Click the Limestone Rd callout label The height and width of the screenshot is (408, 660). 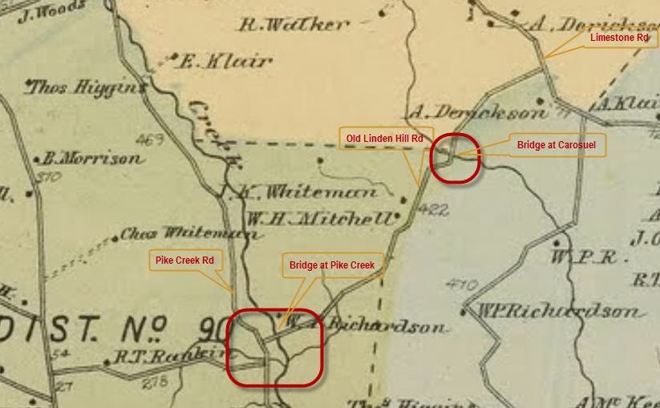618,38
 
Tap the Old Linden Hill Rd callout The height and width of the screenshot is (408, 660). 386,139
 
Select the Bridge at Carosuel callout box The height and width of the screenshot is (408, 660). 556,146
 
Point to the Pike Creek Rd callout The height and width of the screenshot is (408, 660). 184,261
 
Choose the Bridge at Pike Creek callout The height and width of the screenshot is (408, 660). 332,265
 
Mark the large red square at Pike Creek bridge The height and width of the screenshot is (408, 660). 274,349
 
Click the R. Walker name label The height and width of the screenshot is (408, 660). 295,25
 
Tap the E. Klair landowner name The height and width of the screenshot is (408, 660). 228,60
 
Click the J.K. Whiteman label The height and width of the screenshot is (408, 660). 298,192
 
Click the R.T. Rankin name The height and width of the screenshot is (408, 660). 168,356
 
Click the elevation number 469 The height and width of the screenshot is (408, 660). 150,140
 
